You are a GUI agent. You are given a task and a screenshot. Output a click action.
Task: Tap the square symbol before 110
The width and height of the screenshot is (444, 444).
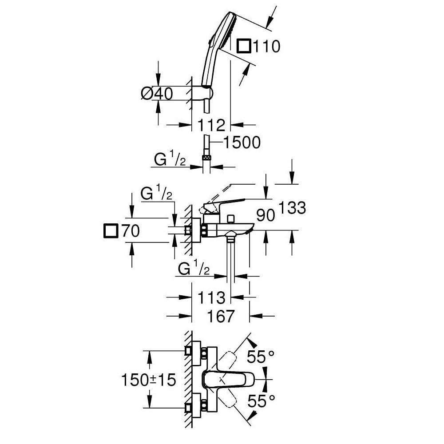245,46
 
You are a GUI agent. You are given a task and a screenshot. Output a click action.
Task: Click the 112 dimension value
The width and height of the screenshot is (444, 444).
211,125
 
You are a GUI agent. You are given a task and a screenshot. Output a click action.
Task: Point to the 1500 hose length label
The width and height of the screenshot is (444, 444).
241,143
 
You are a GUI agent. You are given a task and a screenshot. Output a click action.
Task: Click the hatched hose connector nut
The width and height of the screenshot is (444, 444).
206,157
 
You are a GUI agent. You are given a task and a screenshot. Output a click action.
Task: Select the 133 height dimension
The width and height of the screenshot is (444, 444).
292,208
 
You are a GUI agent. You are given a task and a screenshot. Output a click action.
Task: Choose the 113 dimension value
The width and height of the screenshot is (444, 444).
211,297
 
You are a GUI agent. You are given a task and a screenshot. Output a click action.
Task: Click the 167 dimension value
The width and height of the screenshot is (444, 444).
221,316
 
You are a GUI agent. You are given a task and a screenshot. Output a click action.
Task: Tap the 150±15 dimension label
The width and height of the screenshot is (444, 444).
149,380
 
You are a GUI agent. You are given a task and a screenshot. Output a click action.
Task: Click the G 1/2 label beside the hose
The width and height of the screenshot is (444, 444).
170,160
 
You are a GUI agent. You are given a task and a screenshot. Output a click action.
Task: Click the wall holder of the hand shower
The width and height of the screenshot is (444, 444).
207,92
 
